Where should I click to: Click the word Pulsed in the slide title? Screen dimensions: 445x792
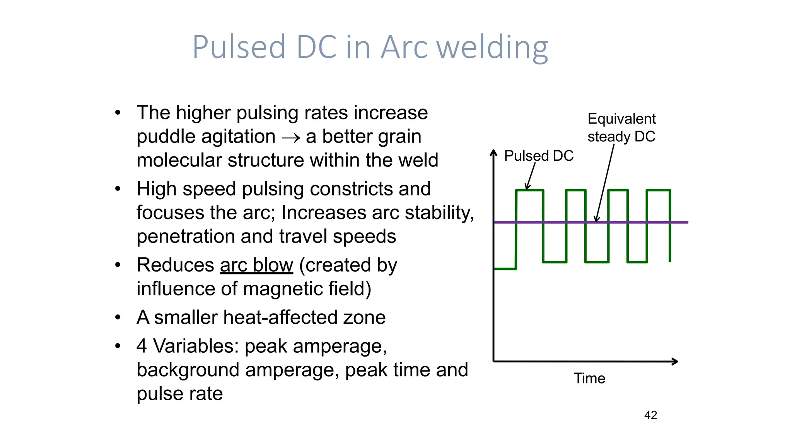pos(239,47)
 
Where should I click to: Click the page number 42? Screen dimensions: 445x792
pos(650,415)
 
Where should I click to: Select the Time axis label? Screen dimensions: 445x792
pos(589,379)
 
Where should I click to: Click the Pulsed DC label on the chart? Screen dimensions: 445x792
pos(539,156)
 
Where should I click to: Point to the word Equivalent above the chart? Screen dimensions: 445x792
pos(621,119)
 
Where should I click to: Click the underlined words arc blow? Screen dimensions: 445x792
pos(256,265)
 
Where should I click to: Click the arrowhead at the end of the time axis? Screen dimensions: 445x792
pos(675,362)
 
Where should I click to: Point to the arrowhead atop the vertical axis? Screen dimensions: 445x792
pos(493,153)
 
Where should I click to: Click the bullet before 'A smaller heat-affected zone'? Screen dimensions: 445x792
pos(118,318)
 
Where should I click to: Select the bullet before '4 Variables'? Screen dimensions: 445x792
pos(118,346)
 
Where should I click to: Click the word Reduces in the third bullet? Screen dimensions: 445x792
pos(175,265)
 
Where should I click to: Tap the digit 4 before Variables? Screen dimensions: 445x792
pos(142,346)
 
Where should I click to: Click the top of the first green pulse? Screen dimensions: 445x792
pos(530,190)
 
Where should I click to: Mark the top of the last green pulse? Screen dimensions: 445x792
pos(658,190)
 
